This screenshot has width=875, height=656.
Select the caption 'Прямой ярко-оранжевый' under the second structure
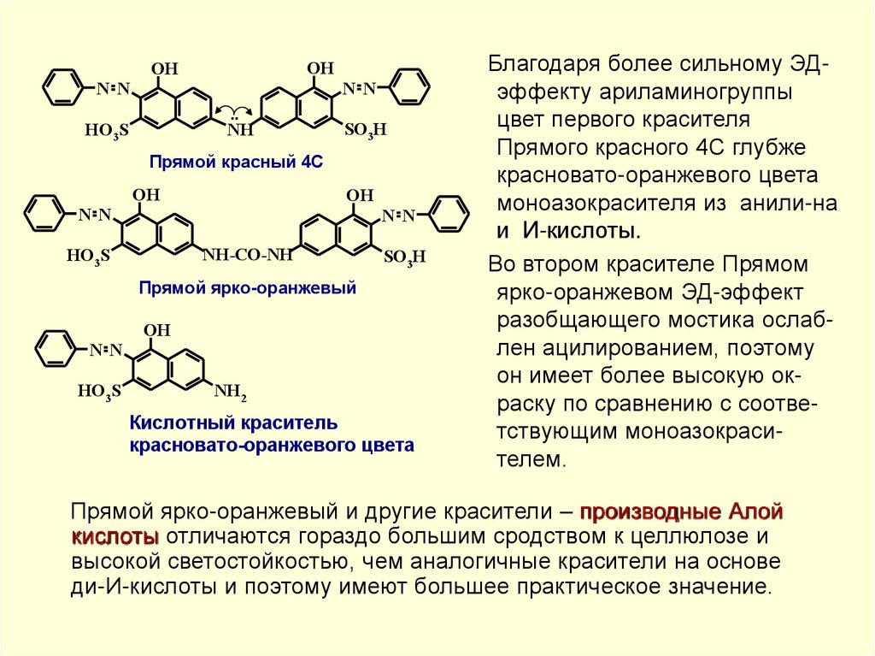coord(247,288)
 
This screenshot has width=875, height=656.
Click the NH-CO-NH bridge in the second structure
coord(248,253)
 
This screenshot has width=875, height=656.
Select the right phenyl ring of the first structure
coord(412,87)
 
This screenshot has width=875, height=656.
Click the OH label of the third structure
coord(157,329)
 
